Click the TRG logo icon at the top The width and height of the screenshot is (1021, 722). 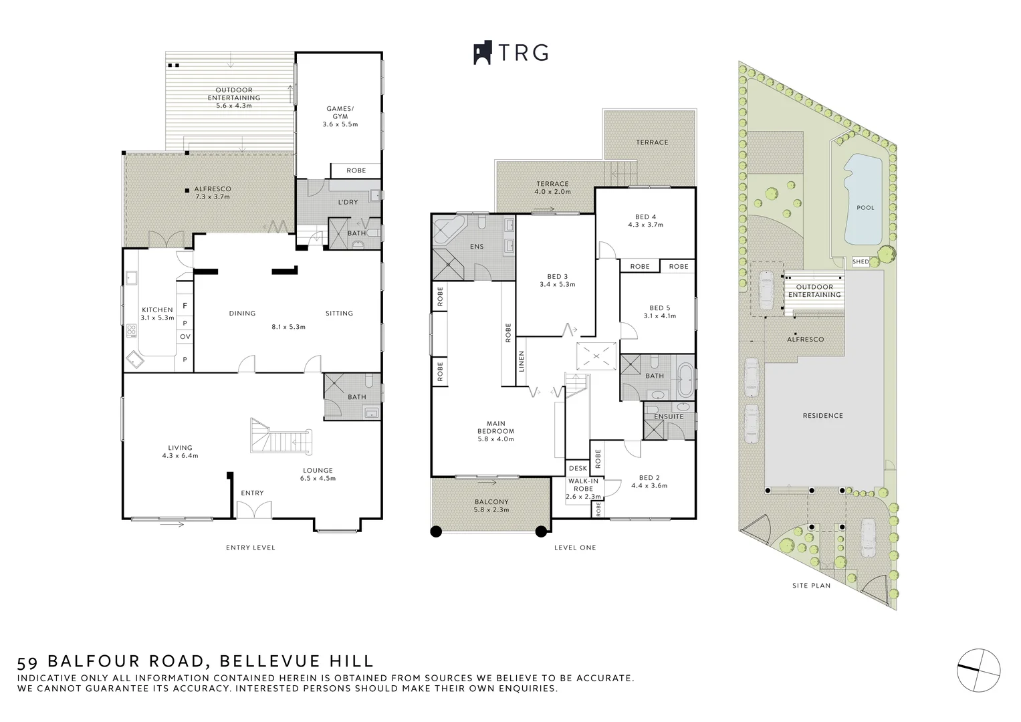(x=483, y=53)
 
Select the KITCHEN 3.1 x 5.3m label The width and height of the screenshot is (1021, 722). (x=157, y=314)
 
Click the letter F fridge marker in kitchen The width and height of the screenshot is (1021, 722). (x=185, y=306)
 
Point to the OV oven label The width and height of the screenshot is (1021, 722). (x=185, y=336)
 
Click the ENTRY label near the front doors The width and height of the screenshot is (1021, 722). (x=252, y=493)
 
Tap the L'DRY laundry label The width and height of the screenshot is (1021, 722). (x=347, y=202)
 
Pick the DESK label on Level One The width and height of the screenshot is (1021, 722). (x=578, y=468)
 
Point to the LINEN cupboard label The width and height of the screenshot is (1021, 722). (x=522, y=362)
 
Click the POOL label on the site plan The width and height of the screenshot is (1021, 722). (x=865, y=207)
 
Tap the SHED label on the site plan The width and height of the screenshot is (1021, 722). (x=861, y=261)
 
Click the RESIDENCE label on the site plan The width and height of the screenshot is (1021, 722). (x=822, y=415)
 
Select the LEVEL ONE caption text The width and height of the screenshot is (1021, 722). (x=575, y=548)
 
